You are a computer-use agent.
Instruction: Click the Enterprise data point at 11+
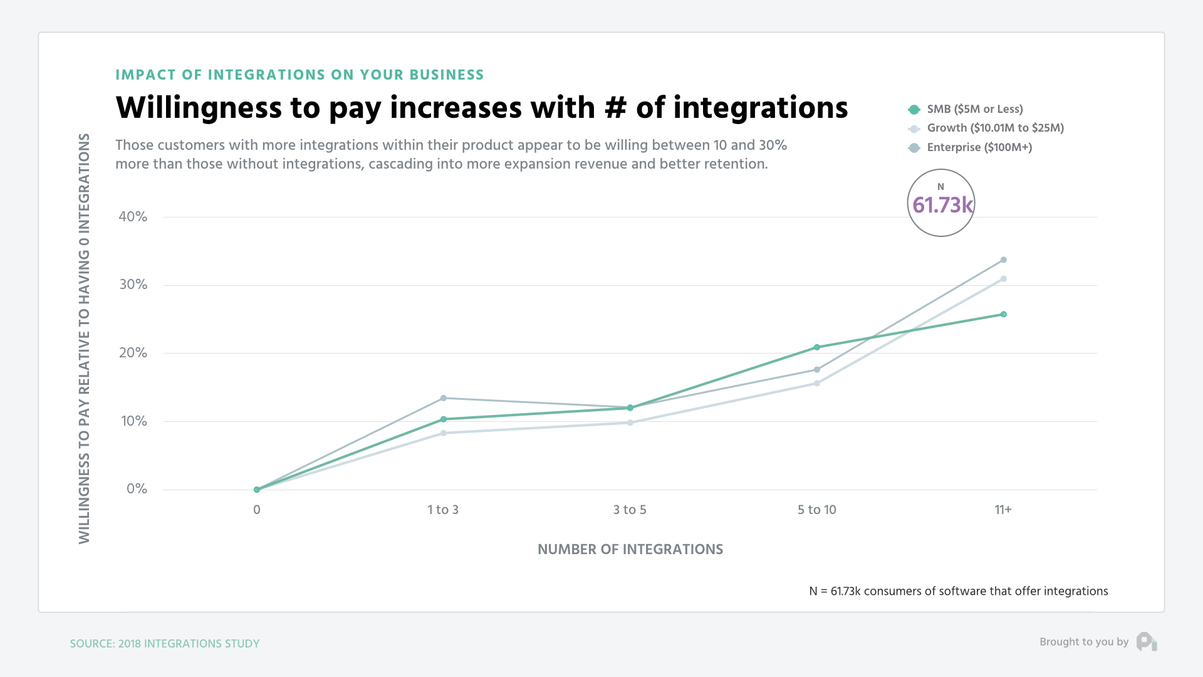click(1003, 260)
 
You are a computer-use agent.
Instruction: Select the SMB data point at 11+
click(1003, 314)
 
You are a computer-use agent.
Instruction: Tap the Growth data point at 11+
click(1003, 279)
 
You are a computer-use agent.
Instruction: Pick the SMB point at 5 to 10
click(816, 347)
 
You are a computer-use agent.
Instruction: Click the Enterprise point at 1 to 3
click(443, 398)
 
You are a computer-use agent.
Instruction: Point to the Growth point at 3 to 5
click(630, 422)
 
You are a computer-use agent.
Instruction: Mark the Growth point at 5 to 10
click(816, 383)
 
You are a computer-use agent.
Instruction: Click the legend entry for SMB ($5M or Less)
click(974, 109)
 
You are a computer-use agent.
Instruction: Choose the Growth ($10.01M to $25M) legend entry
click(994, 128)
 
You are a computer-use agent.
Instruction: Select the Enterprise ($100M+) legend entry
click(979, 147)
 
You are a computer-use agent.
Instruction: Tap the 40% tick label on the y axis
click(133, 217)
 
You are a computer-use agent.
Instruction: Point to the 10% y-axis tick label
click(134, 421)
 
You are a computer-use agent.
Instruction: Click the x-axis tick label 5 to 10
click(816, 510)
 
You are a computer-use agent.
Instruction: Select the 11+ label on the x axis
click(1002, 510)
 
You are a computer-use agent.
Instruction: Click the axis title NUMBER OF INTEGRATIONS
click(630, 549)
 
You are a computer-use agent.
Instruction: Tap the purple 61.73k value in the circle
click(942, 205)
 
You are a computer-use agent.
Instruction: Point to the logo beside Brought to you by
click(1146, 642)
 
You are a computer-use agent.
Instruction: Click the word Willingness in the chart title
click(199, 108)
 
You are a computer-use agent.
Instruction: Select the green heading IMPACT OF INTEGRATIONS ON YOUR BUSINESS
click(299, 75)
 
